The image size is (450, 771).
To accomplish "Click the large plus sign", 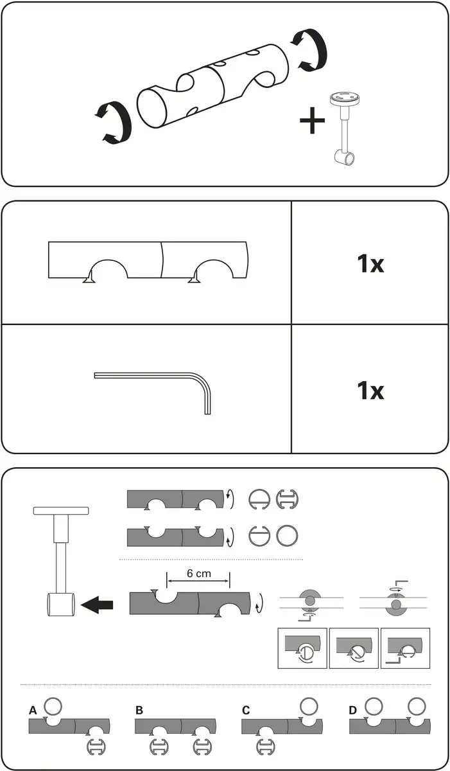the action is pyautogui.click(x=312, y=120).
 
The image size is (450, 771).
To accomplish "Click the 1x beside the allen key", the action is pyautogui.click(x=370, y=391).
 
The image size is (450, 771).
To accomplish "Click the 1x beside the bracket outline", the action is pyautogui.click(x=370, y=263).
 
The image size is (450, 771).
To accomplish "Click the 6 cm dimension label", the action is pyautogui.click(x=199, y=573).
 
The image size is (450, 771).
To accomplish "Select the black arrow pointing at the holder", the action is pyautogui.click(x=97, y=605).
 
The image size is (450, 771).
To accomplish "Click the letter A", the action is pyautogui.click(x=33, y=711).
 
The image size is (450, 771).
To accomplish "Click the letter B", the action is pyautogui.click(x=139, y=711).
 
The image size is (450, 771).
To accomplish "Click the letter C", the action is pyautogui.click(x=245, y=711).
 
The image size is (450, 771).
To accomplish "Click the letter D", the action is pyautogui.click(x=352, y=711).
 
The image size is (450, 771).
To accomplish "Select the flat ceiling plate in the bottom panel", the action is pyautogui.click(x=61, y=511).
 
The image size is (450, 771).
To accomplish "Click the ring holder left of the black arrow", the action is pyautogui.click(x=61, y=605).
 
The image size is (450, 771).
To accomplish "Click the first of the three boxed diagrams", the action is pyautogui.click(x=302, y=648).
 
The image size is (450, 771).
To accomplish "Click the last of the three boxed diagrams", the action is pyautogui.click(x=405, y=648).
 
